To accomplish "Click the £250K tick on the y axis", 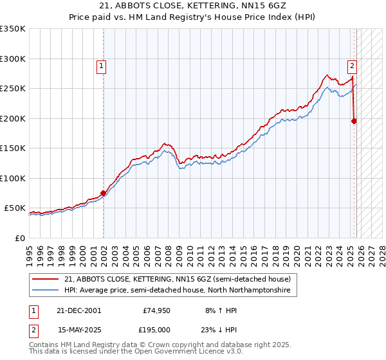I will [13, 88].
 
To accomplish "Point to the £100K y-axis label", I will [13, 178].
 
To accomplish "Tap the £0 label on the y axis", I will [19, 238].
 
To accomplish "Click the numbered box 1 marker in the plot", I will [102, 64].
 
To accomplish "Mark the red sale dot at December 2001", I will [103, 193].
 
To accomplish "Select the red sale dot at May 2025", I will [354, 120].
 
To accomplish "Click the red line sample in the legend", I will [47, 279].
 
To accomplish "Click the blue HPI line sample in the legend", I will [47, 291].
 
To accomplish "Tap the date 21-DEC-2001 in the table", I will [79, 310].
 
